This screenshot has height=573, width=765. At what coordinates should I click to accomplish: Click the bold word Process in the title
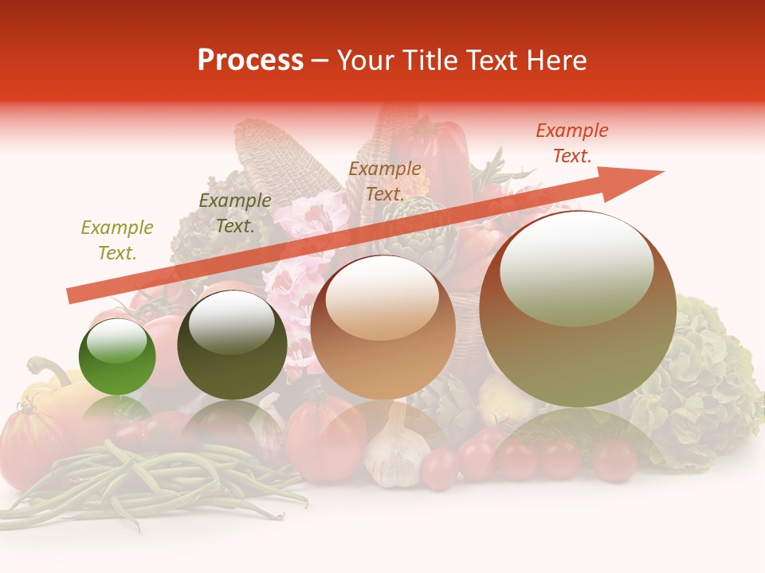(250, 60)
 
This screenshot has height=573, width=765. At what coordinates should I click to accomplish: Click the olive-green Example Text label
(116, 240)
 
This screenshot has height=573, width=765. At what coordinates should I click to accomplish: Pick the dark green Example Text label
(234, 213)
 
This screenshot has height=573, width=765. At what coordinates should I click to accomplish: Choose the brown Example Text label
(384, 181)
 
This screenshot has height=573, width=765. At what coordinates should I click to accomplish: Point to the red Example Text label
(571, 143)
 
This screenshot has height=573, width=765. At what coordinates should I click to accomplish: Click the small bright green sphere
(117, 357)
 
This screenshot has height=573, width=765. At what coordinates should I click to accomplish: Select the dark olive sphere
(232, 345)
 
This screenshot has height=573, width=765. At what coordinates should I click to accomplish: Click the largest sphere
(578, 310)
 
